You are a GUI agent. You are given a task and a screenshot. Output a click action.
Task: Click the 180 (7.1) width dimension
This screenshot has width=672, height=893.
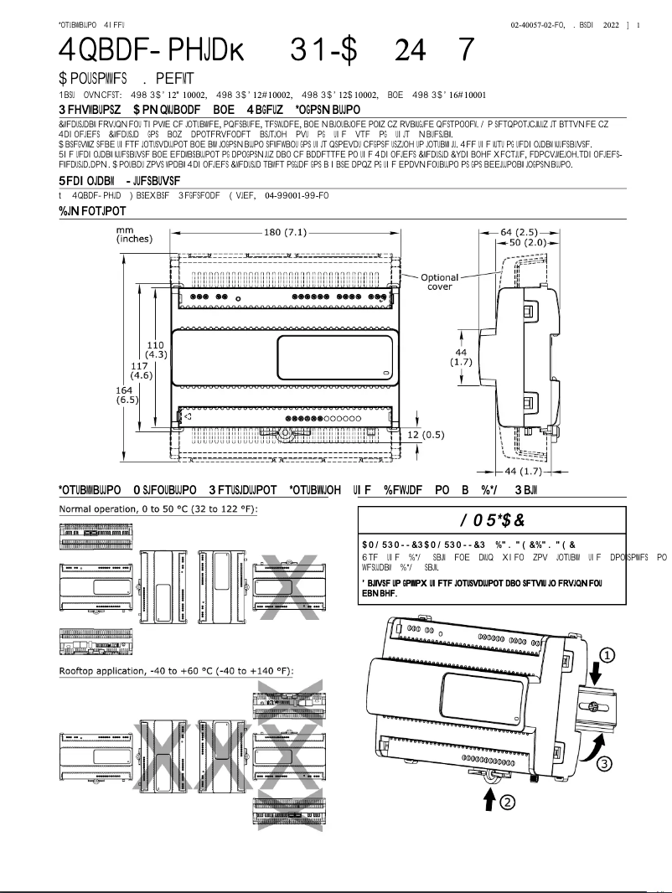[285, 232]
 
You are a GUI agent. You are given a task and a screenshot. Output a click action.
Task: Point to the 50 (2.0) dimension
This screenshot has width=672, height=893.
[524, 242]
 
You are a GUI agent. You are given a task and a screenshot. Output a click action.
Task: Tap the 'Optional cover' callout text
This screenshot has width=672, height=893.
[439, 281]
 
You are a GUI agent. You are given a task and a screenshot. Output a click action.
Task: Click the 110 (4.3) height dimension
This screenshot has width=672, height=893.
[155, 350]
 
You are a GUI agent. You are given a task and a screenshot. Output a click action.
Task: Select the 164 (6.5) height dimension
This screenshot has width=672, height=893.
[127, 395]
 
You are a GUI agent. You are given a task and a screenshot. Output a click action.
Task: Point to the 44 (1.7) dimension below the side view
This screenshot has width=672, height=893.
[522, 472]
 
